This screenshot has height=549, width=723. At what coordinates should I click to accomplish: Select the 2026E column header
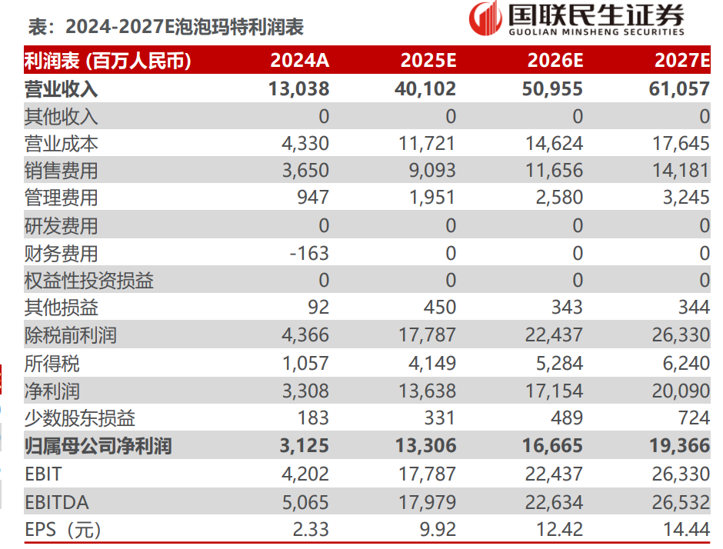tap(555, 61)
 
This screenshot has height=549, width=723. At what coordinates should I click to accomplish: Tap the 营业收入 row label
tap(62, 89)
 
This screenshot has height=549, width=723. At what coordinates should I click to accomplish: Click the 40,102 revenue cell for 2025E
tap(428, 89)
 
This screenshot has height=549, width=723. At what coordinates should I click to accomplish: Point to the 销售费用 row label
tap(62, 171)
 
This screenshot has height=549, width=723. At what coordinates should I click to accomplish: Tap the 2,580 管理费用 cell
tap(560, 198)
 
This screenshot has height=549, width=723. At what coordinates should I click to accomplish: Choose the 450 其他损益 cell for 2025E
tap(439, 308)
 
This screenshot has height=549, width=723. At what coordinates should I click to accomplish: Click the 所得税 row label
tap(52, 363)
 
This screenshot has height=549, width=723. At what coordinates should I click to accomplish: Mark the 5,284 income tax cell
tap(560, 363)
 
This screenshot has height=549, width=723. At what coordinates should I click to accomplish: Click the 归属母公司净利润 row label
tap(98, 446)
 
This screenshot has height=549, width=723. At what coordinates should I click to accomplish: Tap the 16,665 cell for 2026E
tap(555, 446)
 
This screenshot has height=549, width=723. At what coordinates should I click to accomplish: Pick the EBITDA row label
tap(57, 502)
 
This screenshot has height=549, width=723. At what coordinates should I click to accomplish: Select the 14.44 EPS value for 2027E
tap(686, 530)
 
